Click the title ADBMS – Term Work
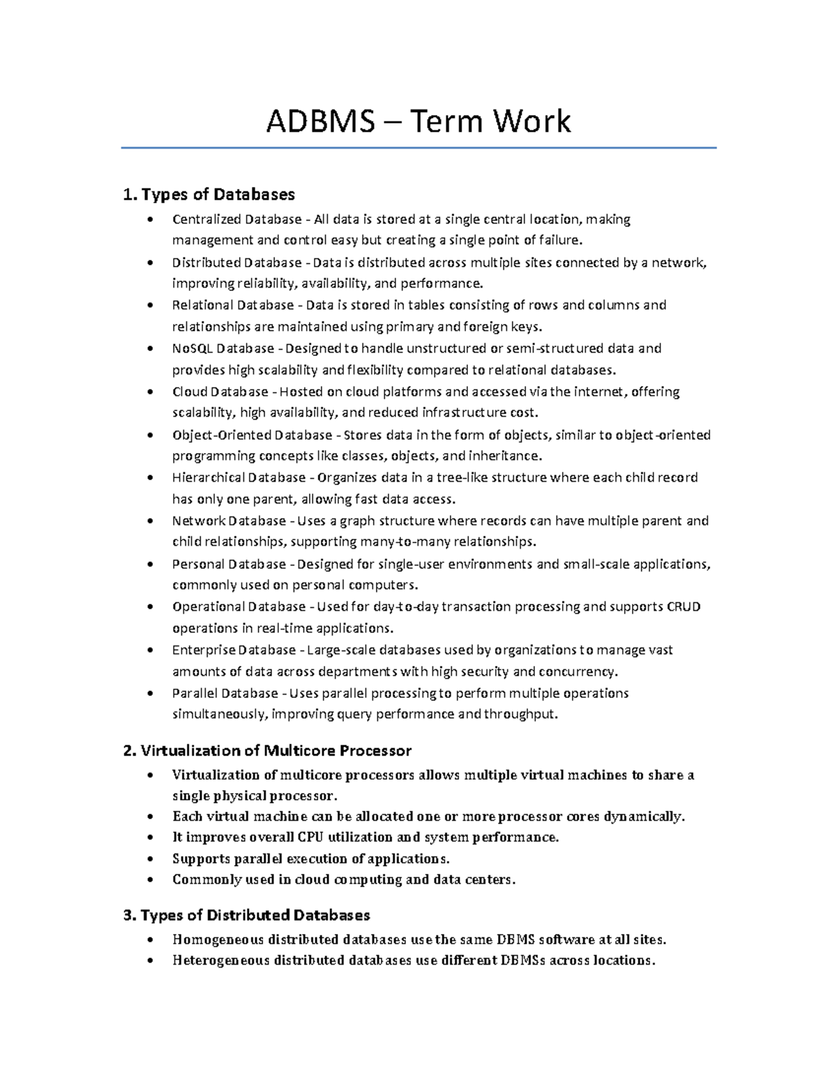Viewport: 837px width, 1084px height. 418,121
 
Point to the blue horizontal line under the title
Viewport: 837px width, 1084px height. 418,148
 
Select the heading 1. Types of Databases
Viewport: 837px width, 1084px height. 209,194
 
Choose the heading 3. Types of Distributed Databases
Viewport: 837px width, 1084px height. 246,915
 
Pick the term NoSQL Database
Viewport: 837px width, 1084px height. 224,348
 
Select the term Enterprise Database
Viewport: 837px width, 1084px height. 234,650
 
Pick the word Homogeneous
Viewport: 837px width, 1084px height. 218,940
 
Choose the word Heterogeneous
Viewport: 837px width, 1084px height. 220,960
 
